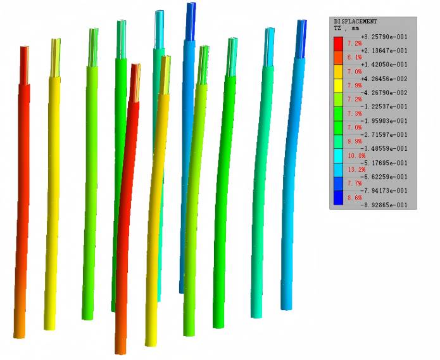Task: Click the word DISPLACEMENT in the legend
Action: [x=355, y=22]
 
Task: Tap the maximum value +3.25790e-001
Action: [x=384, y=37]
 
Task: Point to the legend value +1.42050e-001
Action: [x=384, y=65]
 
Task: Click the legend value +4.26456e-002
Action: [x=384, y=79]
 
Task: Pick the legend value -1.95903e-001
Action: [x=384, y=120]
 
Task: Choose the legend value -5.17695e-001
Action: [x=384, y=163]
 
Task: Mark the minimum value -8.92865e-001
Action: [x=384, y=205]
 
